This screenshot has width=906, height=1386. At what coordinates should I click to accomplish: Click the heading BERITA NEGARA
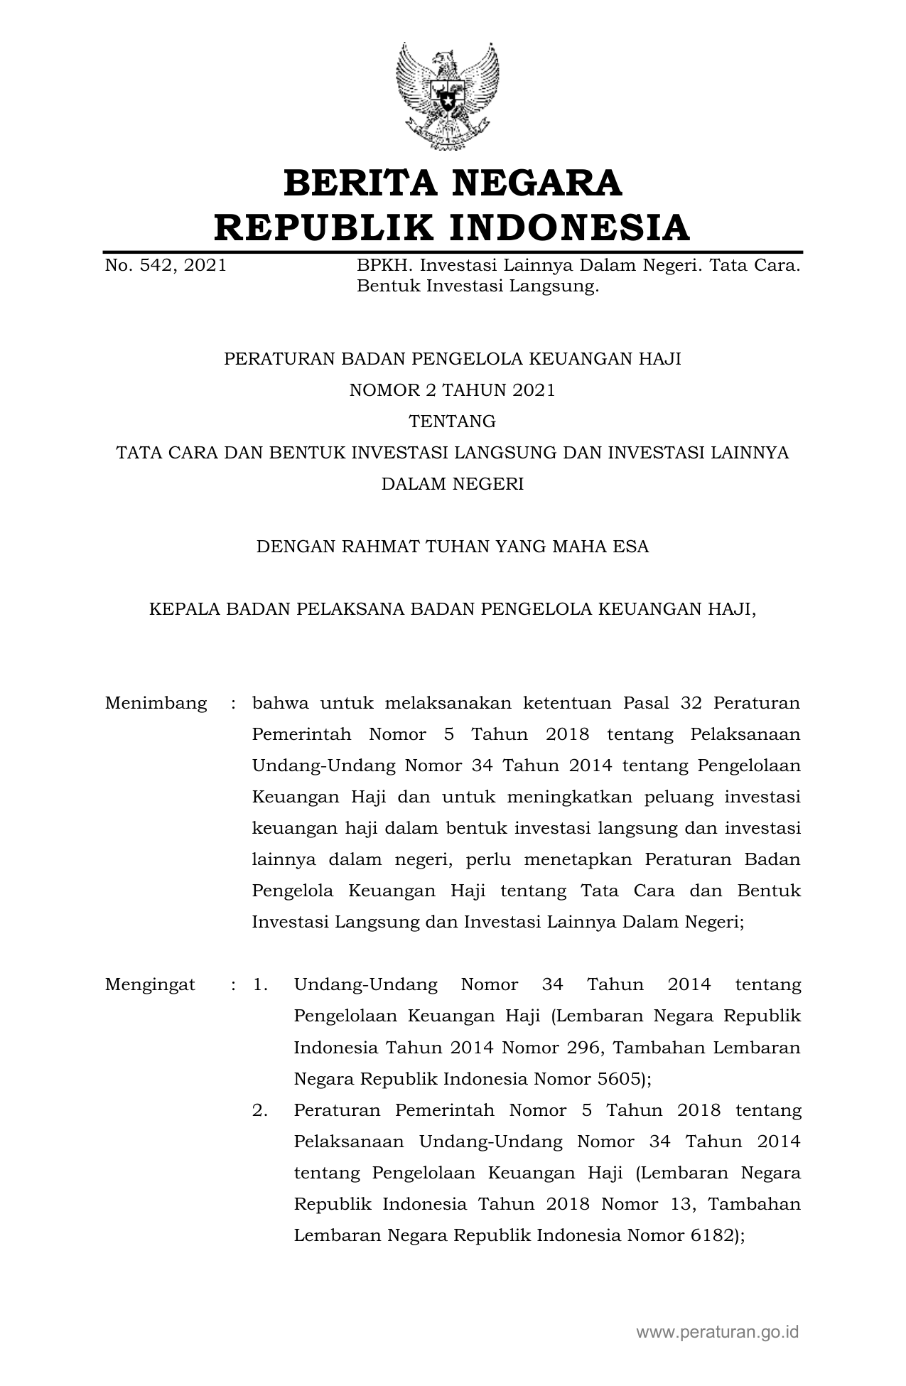pos(453,183)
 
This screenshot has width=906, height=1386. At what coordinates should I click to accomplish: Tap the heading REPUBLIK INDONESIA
pos(453,227)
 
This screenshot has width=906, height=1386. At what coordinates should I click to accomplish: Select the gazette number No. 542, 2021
pos(166,266)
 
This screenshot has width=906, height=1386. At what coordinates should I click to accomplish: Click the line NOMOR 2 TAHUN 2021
pos(453,390)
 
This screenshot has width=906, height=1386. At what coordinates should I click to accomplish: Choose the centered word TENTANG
pos(453,421)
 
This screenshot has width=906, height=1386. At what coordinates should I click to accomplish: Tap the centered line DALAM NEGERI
pos(453,484)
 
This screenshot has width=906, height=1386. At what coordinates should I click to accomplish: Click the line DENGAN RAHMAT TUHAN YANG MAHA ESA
pos(453,547)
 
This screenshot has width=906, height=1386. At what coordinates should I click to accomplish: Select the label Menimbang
pos(156,704)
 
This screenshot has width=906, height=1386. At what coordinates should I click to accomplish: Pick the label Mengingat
pos(150,985)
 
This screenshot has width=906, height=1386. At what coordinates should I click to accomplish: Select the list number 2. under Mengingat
pos(260,1110)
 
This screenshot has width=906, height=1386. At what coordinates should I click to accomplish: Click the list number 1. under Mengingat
pos(260,985)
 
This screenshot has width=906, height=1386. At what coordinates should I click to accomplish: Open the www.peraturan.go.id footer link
pos(718,1331)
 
